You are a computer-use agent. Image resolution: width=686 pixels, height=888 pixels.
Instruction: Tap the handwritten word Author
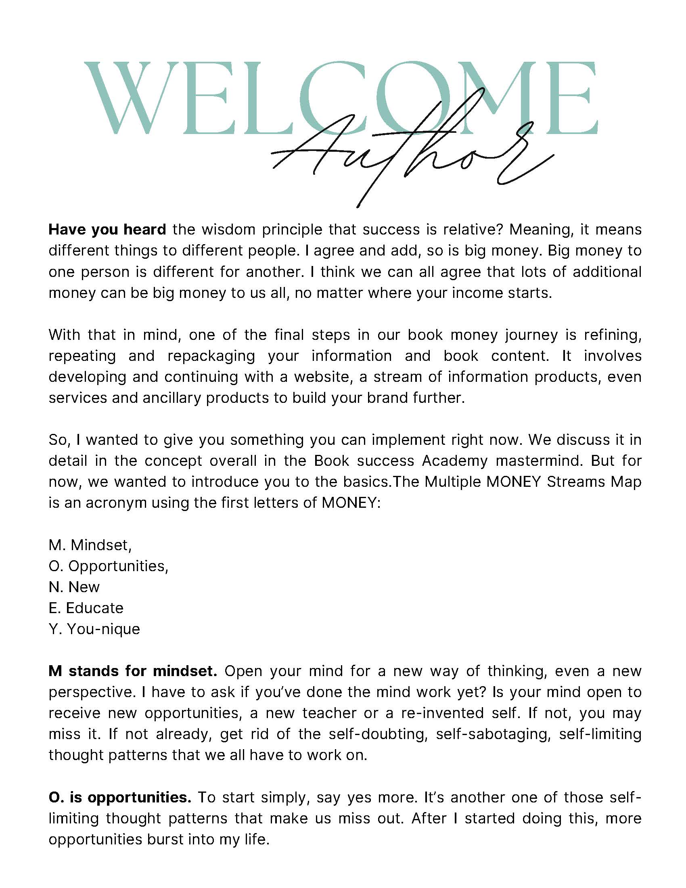(410, 157)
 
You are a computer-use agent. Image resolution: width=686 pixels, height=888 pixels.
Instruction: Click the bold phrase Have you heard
(107, 230)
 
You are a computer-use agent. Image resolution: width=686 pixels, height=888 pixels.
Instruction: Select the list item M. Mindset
(90, 545)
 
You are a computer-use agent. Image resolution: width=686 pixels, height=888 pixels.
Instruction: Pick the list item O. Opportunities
(109, 566)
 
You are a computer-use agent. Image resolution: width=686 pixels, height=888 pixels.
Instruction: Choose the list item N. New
(74, 587)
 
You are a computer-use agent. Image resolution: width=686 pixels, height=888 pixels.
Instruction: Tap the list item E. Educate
(86, 608)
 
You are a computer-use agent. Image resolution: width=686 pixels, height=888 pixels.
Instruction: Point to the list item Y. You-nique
(94, 629)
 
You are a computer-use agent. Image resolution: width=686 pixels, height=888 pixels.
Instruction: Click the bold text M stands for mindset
(133, 671)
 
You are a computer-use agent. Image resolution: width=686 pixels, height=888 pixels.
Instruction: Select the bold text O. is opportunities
(120, 797)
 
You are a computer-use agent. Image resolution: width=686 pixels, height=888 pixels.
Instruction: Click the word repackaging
(211, 356)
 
